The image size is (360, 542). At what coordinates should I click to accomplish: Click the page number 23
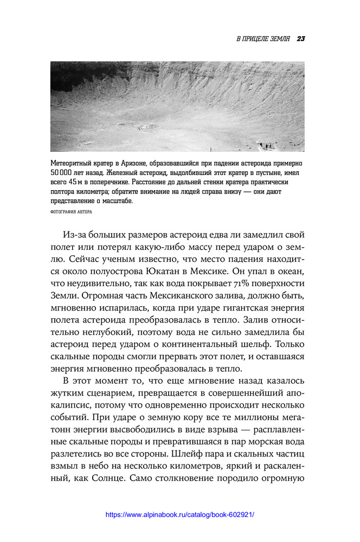pyautogui.click(x=302, y=38)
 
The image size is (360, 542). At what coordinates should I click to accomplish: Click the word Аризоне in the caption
pyautogui.click(x=143, y=163)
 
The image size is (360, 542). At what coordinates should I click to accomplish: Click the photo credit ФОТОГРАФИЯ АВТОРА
pyautogui.click(x=71, y=212)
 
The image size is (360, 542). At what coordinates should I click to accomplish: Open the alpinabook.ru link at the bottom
pyautogui.click(x=179, y=514)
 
